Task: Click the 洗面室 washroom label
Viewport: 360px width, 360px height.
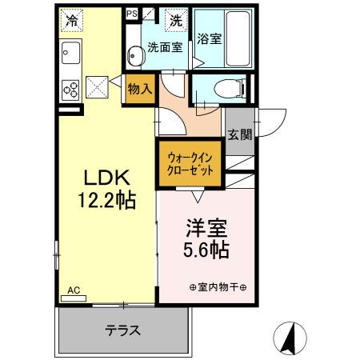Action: (x=166, y=46)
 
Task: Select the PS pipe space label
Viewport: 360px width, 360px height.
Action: (x=132, y=14)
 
